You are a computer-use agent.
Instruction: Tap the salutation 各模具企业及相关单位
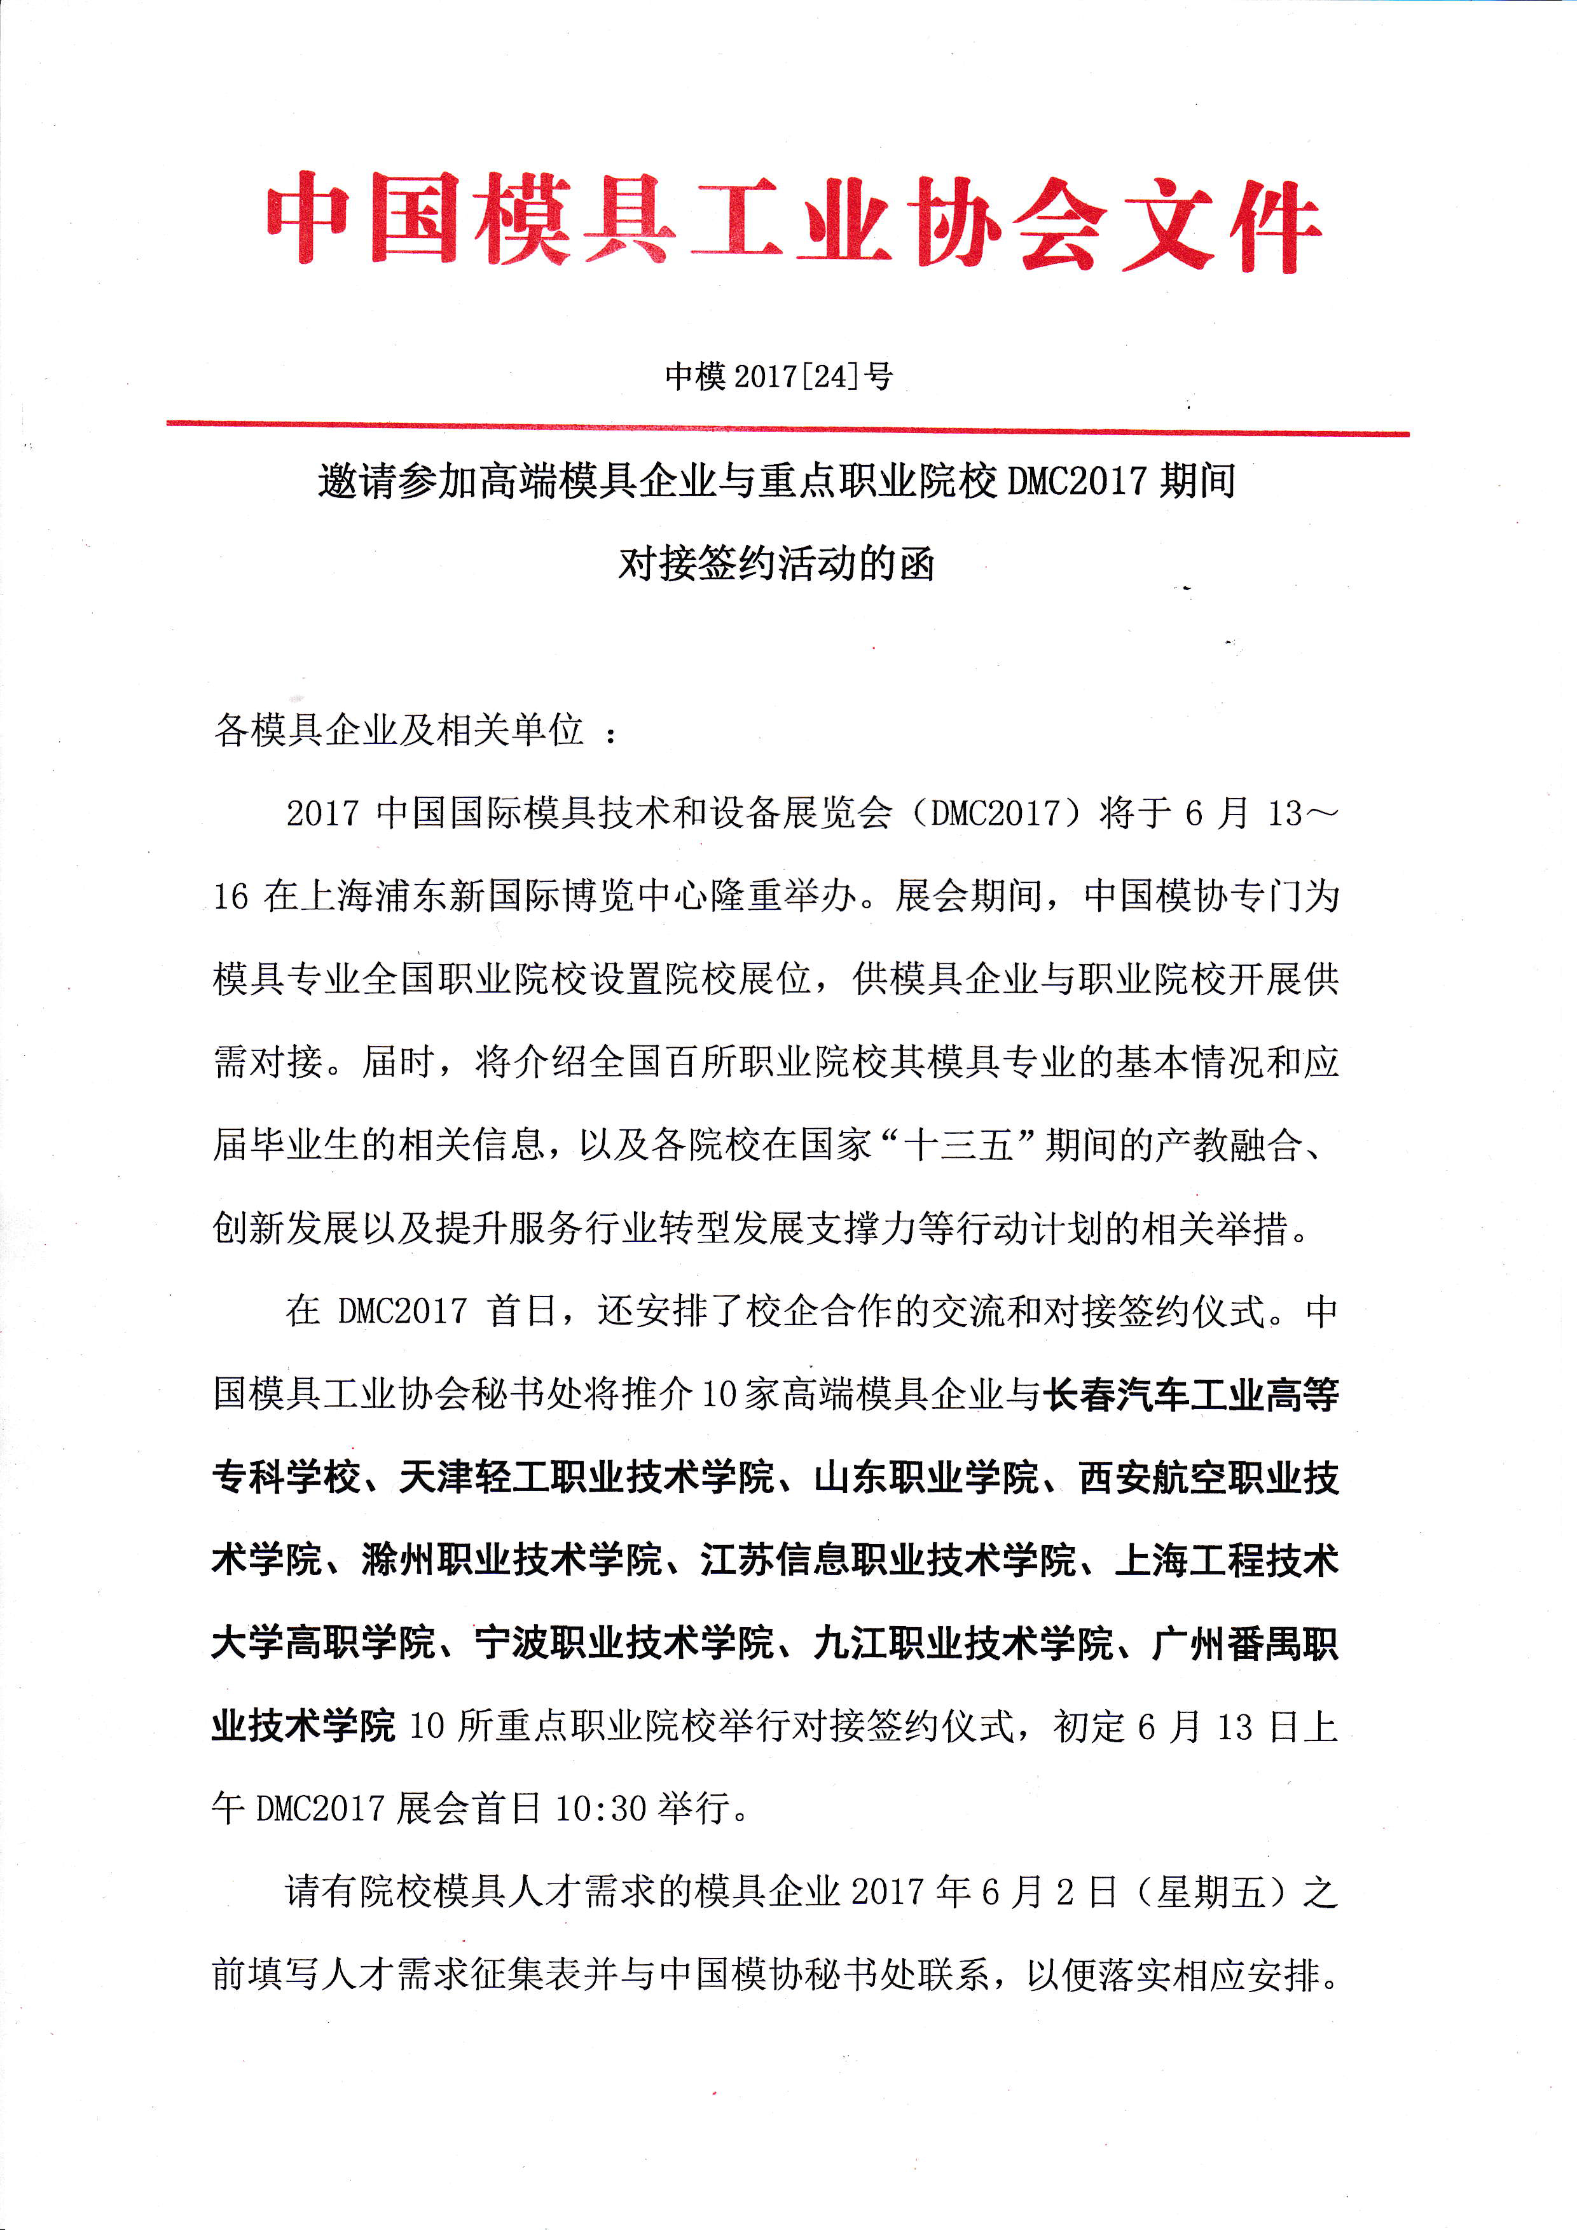click(398, 731)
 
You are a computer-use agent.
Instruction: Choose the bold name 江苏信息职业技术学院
click(888, 1561)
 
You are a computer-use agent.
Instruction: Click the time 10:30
click(600, 1810)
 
